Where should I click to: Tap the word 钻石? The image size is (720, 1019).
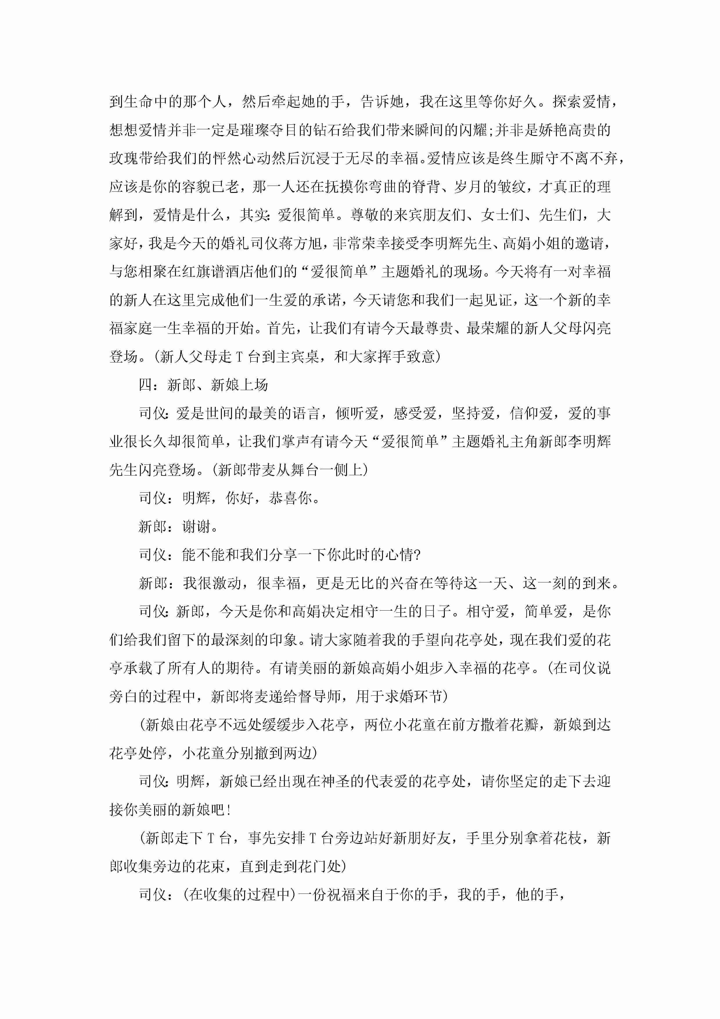[x=327, y=130]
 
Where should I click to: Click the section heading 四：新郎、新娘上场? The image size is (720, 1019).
[x=203, y=385]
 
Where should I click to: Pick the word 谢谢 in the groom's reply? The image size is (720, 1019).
[x=196, y=527]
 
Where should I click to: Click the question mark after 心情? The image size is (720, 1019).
[x=416, y=555]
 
